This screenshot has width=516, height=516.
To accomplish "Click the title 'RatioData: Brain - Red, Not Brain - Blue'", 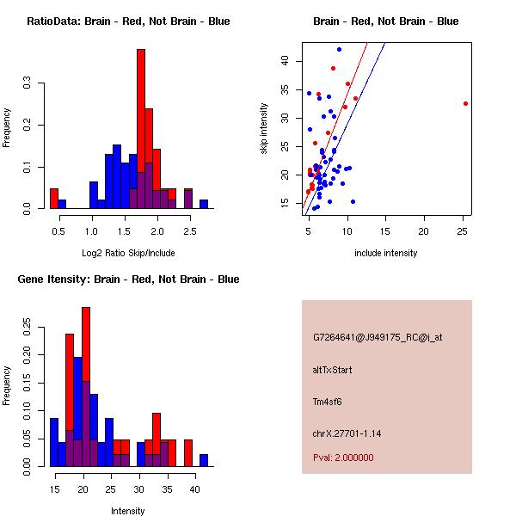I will [x=128, y=21].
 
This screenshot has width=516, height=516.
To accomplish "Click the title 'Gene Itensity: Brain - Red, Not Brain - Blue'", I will [x=128, y=279].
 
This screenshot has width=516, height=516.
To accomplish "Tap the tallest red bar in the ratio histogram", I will [x=141, y=129].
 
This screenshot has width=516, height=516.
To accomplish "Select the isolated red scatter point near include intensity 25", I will [x=465, y=103].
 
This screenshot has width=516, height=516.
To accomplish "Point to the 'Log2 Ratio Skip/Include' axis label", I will [x=128, y=252].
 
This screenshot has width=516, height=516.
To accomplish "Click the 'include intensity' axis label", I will [x=386, y=253].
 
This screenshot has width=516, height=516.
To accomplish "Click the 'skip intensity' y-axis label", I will [x=264, y=129].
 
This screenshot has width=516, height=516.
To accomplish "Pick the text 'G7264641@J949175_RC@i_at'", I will [x=378, y=338].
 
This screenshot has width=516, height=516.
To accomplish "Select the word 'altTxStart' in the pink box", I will [x=333, y=370].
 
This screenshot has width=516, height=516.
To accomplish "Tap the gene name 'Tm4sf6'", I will [x=329, y=401].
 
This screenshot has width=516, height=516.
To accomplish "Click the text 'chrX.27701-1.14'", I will [x=347, y=433].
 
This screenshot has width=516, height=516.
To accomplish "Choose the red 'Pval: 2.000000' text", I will [x=343, y=458].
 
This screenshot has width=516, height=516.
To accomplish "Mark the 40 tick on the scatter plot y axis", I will [x=284, y=61].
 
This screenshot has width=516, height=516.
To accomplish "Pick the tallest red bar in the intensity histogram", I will [x=86, y=387].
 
